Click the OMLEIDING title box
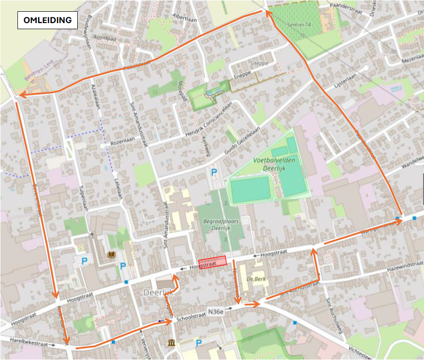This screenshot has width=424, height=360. click(x=47, y=20)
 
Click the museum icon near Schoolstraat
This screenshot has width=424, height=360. click(x=171, y=343)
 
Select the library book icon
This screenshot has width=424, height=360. click(x=112, y=255)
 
